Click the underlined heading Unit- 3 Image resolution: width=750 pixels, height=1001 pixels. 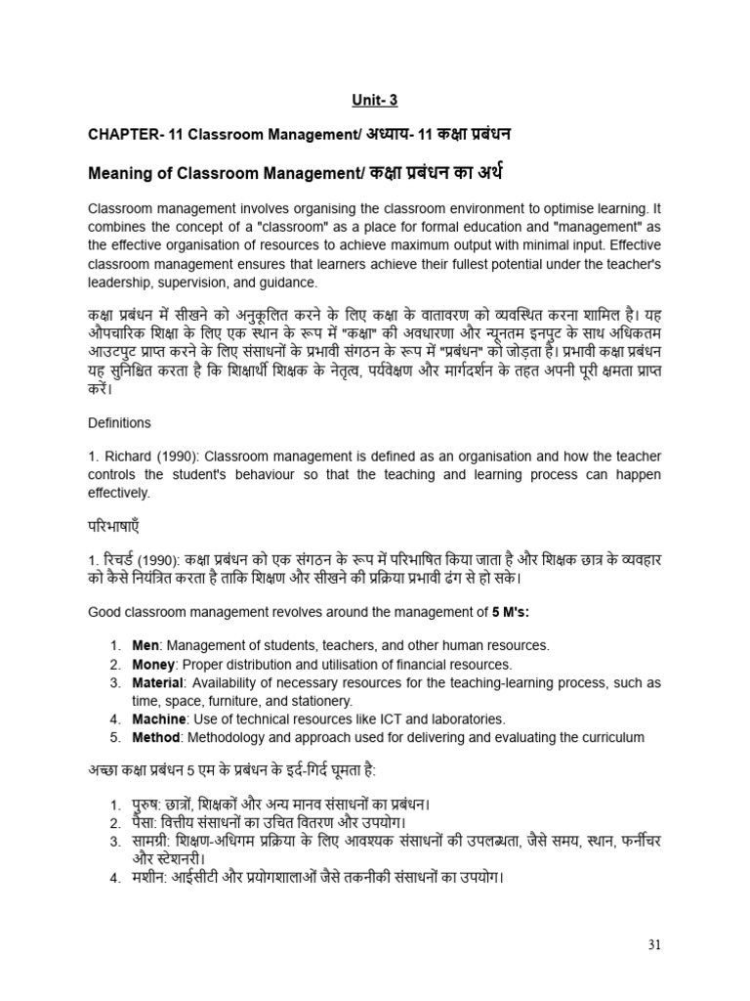click(x=375, y=100)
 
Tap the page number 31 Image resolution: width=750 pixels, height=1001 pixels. click(x=654, y=944)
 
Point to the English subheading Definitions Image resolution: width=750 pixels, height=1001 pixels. click(x=119, y=423)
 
